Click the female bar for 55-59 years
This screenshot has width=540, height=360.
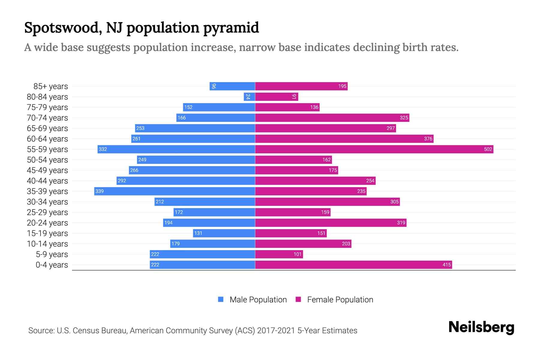coord(374,149)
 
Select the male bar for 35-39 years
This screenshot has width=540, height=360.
coord(175,191)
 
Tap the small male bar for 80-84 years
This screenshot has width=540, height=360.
coord(249,97)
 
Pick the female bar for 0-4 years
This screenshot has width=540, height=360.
coord(353,265)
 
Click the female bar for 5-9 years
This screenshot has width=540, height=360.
coord(279,254)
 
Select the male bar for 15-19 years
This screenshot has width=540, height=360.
coord(224,233)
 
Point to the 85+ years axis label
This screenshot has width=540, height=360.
coord(51,86)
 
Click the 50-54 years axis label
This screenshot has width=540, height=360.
coord(47,160)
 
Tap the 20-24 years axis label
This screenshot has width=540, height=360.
coord(47,223)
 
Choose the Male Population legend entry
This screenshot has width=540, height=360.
coord(258,300)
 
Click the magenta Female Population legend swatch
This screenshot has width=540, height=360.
coord(298,299)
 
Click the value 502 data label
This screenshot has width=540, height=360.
coord(488,149)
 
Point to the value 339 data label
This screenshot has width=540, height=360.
coord(99,191)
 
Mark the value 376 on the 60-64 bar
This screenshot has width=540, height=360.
coord(428,139)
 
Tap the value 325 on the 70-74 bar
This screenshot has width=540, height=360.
coord(404,118)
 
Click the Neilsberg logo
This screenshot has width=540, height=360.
coord(481,327)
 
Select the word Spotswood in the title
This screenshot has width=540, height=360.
coord(61,28)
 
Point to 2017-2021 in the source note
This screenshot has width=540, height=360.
coord(276,331)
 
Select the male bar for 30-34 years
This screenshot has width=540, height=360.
coord(205,202)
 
